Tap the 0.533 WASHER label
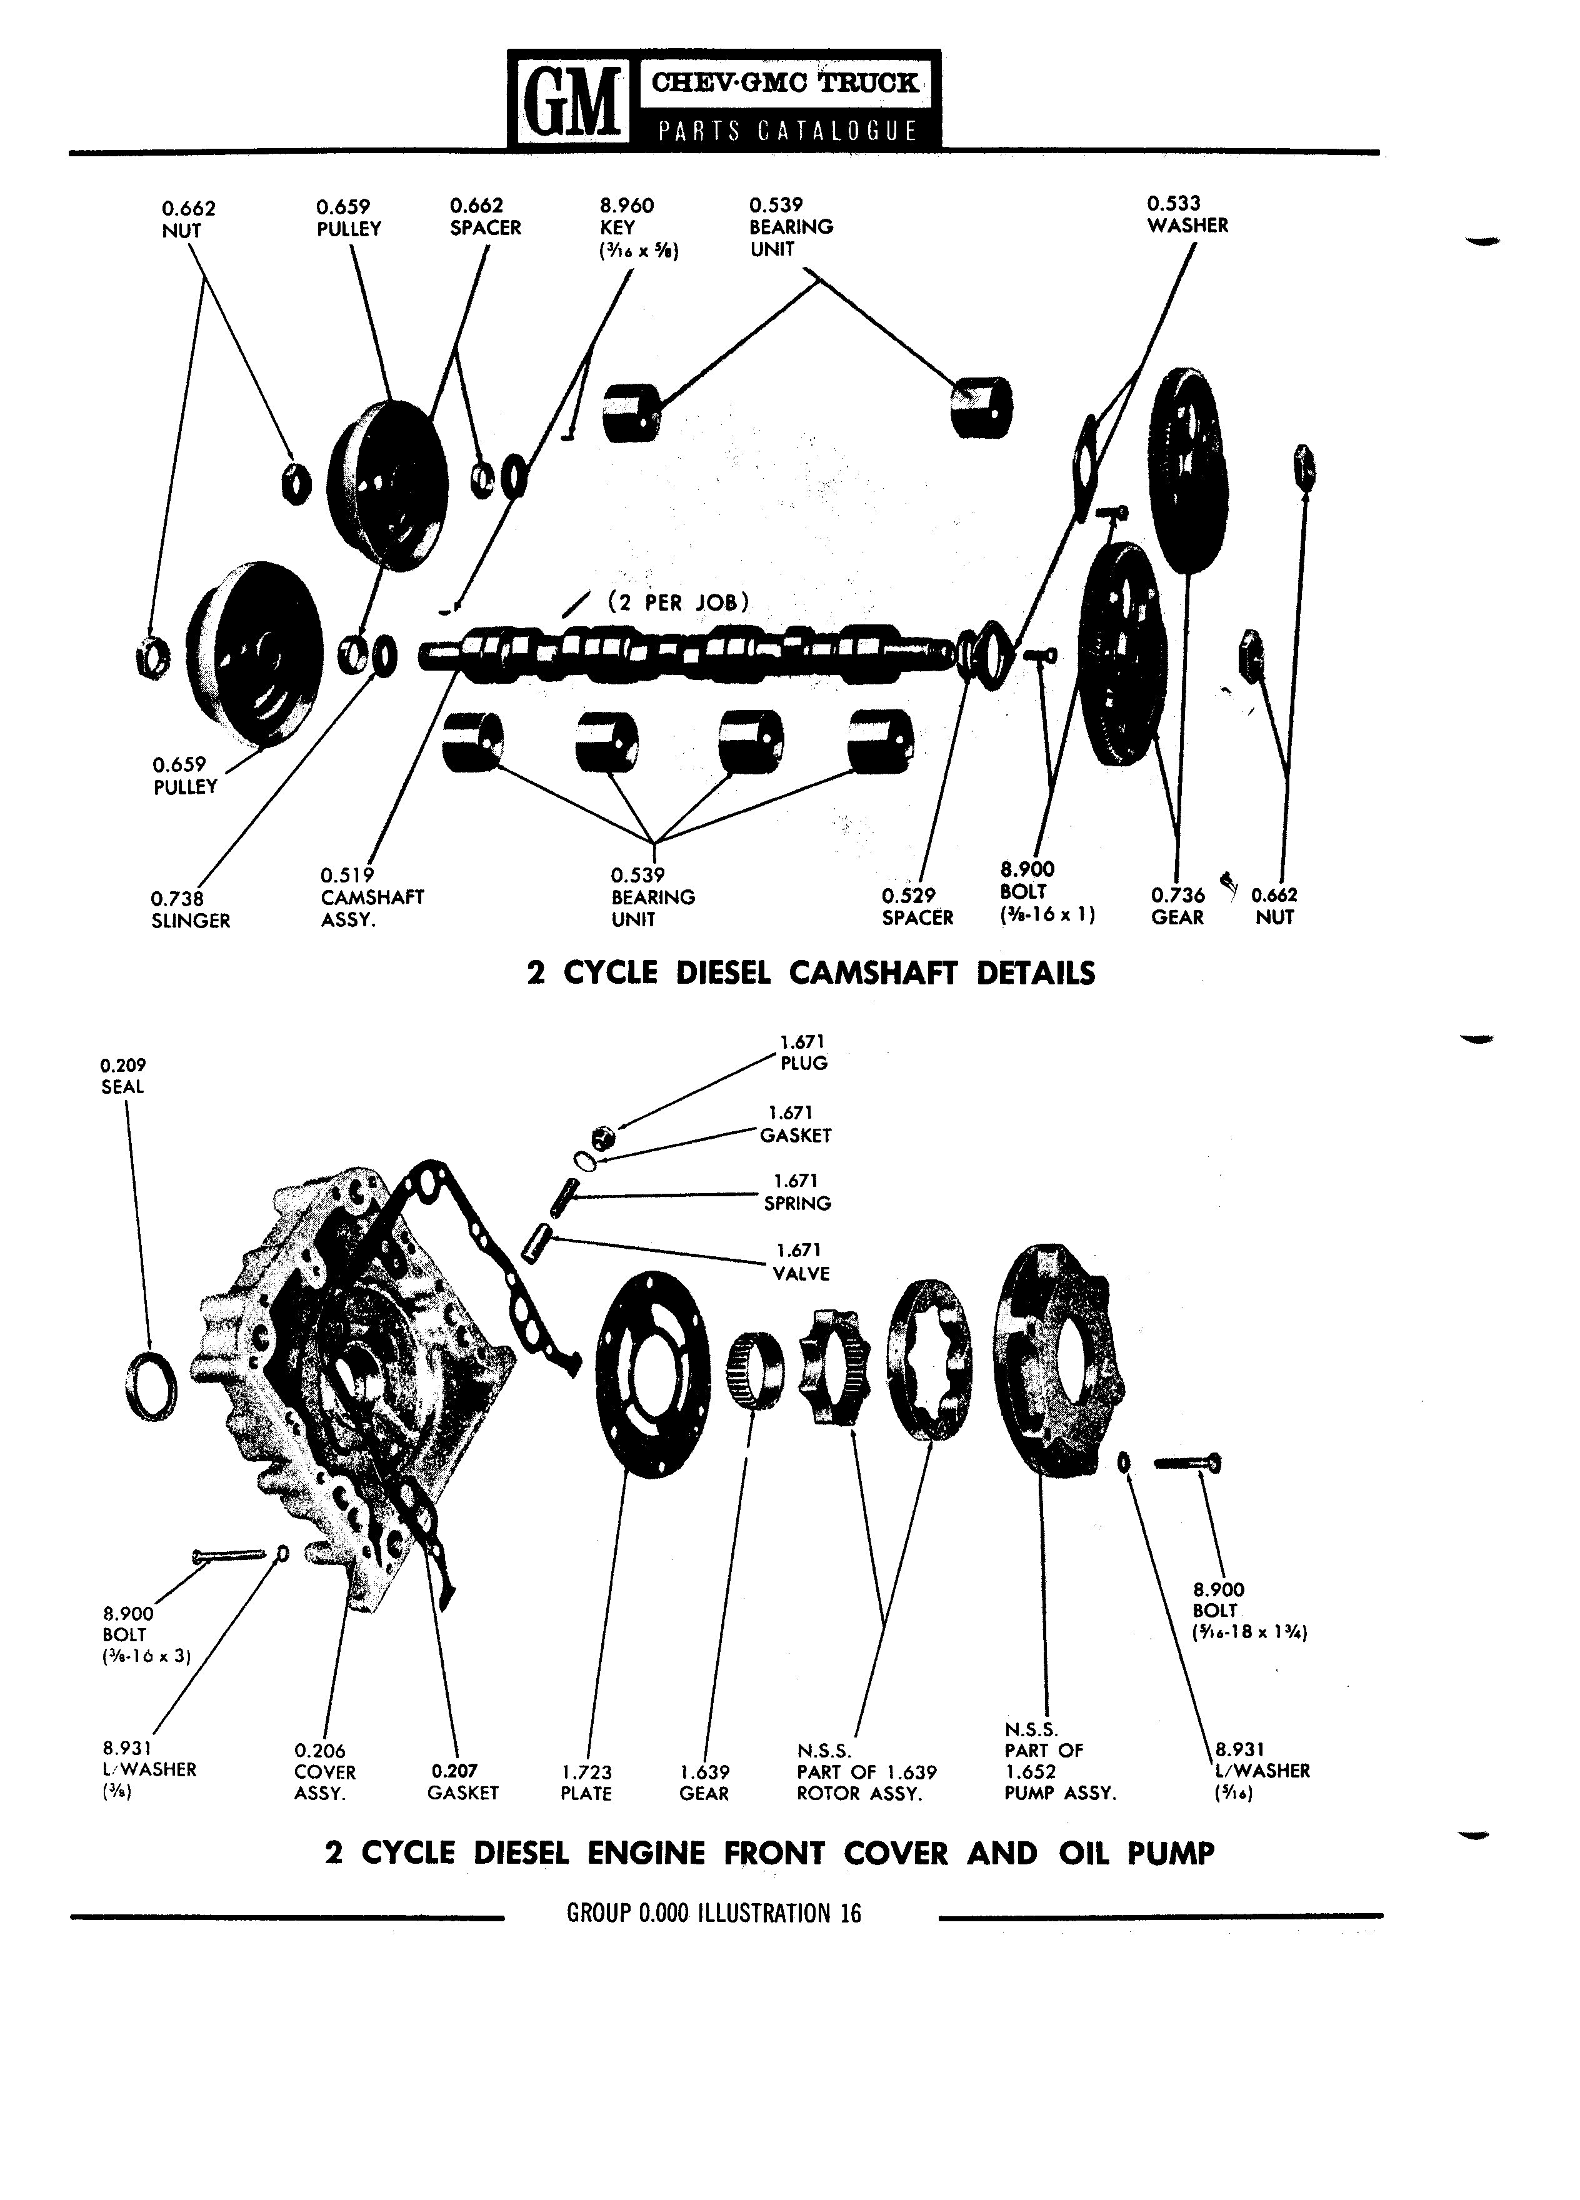point(1187,214)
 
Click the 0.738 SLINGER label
point(190,910)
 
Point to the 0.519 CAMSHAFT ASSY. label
point(372,897)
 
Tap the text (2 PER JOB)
point(678,602)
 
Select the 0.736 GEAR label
point(1177,906)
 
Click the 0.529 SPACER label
point(917,907)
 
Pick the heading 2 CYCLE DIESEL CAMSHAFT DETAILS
point(810,973)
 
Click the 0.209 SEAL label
point(123,1076)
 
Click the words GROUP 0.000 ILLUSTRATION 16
point(714,1914)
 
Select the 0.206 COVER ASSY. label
point(325,1772)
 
